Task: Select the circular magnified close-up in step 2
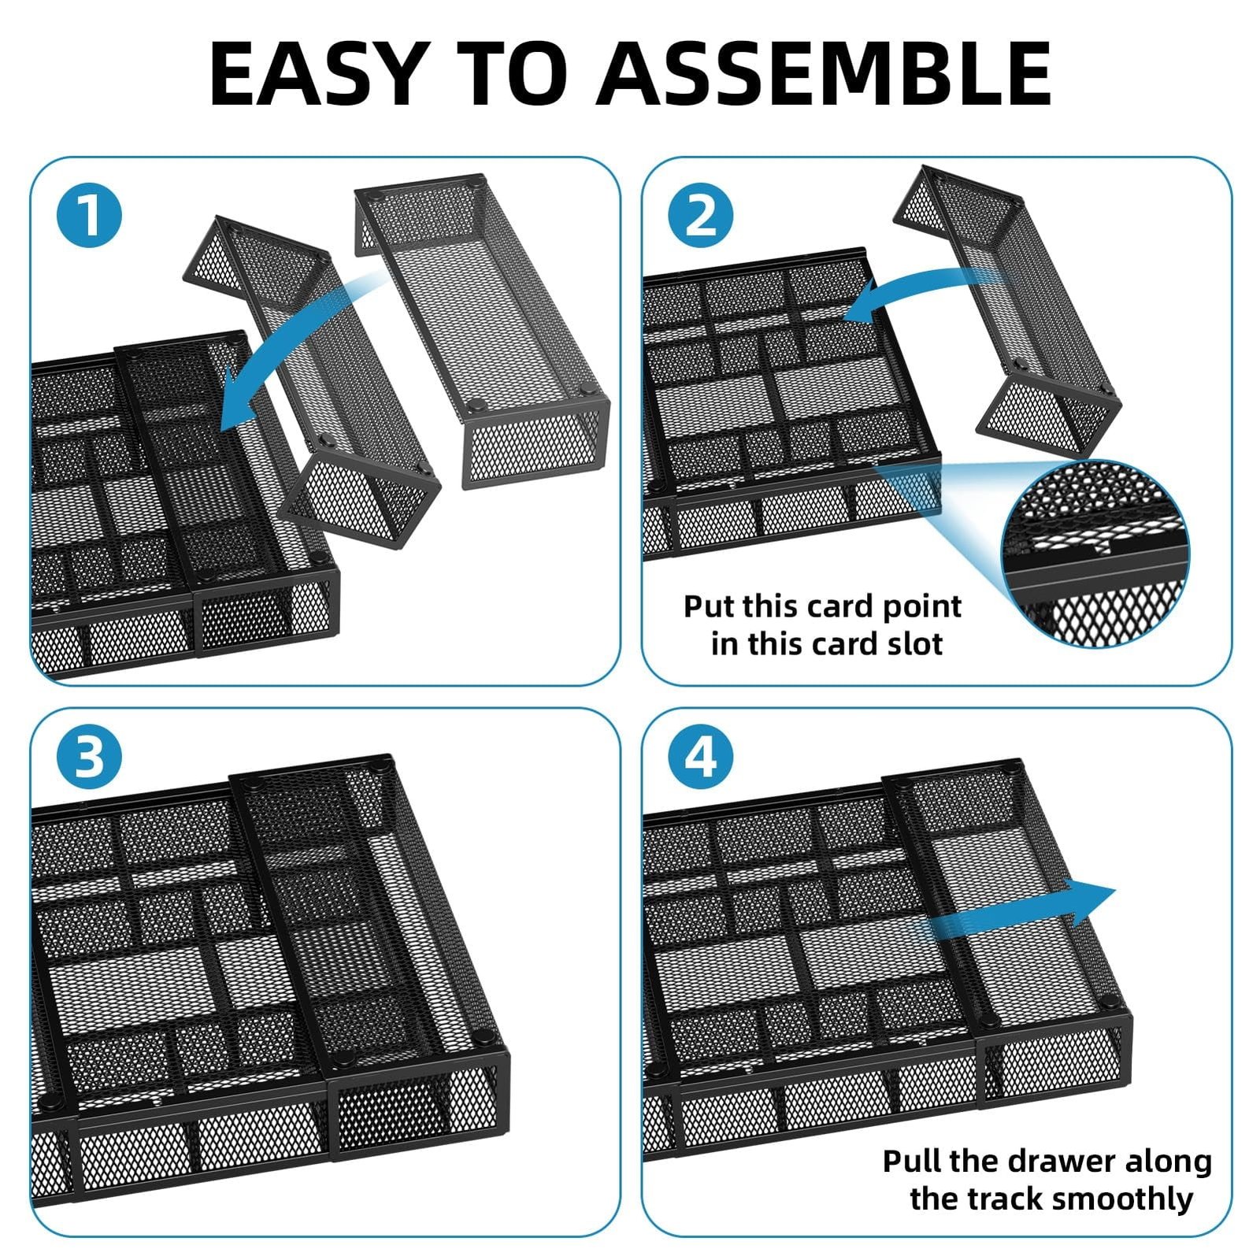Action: click(x=1095, y=554)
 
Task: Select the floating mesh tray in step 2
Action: click(x=1009, y=312)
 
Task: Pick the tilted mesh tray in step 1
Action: click(x=311, y=382)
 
